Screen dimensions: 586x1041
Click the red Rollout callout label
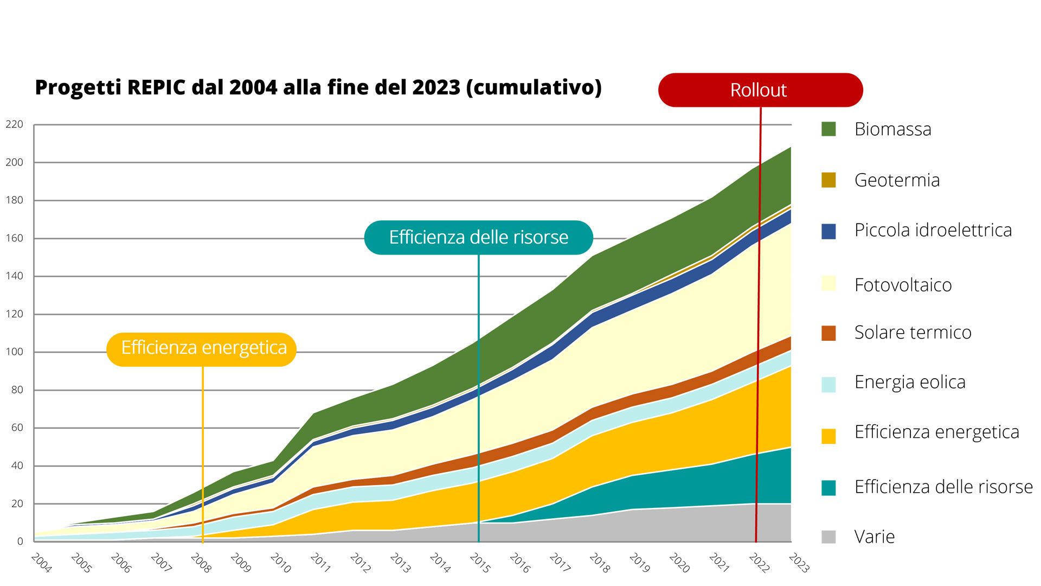(760, 90)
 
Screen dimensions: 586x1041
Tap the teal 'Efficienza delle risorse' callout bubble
(478, 238)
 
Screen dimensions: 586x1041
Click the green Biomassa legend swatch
(828, 129)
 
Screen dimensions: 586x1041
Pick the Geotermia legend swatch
(828, 180)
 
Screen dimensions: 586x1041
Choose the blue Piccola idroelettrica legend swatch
(828, 231)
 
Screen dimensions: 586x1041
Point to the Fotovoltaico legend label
(903, 285)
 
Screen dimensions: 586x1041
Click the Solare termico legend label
(913, 332)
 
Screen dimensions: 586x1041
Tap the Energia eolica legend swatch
(828, 384)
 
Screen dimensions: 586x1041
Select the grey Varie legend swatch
(828, 537)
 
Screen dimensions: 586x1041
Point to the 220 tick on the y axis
(15, 124)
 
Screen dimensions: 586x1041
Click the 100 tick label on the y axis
(15, 352)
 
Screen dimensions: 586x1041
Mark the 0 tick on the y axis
(20, 541)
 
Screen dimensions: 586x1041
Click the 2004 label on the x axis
(41, 563)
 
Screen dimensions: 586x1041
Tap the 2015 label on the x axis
(480, 563)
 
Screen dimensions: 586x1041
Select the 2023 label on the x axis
(799, 563)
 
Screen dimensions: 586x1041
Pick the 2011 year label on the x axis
(320, 563)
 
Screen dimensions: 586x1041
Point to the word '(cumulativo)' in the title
(534, 87)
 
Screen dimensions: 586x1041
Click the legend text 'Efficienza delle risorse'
(943, 487)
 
